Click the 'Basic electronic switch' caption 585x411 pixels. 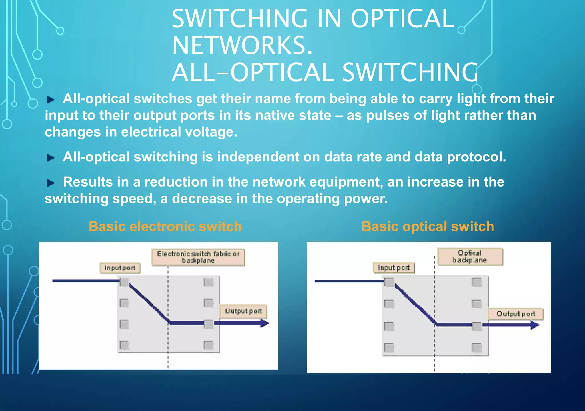click(165, 226)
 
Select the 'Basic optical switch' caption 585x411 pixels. click(428, 226)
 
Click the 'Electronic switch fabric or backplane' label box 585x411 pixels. click(198, 257)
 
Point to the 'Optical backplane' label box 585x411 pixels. click(470, 256)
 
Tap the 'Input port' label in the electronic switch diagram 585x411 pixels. click(120, 268)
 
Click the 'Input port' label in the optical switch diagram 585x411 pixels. click(394, 268)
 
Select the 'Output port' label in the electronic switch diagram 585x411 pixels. click(243, 311)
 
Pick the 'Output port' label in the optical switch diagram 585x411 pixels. click(516, 314)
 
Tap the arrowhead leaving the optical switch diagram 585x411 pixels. click(535, 325)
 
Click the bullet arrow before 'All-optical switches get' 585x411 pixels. click(51, 100)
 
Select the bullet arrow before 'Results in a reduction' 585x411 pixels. click(51, 183)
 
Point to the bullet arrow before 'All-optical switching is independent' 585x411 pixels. click(51, 158)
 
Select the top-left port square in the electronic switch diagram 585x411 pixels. click(124, 282)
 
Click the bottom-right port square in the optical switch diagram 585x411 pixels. click(476, 348)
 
